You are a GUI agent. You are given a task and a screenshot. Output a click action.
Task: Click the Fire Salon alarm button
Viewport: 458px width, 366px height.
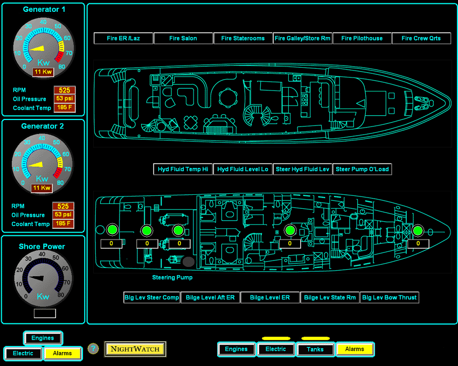pos(183,38)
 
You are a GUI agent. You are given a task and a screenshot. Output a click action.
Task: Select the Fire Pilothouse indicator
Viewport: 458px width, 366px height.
pos(362,38)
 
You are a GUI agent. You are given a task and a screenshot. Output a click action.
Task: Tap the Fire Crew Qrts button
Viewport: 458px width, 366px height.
pos(421,38)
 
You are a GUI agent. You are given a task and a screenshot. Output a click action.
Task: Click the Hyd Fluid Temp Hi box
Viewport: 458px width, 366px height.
pos(183,169)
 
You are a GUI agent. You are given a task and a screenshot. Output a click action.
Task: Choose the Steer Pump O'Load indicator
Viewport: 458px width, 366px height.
pos(362,169)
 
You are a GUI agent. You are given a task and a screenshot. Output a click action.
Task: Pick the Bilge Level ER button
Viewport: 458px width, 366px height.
pos(270,297)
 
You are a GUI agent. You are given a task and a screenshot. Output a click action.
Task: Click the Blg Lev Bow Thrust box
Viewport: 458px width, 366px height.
pos(389,297)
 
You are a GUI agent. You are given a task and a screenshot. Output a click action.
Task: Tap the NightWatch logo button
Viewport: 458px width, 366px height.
pos(135,349)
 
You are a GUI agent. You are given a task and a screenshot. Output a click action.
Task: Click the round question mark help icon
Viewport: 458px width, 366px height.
pos(93,349)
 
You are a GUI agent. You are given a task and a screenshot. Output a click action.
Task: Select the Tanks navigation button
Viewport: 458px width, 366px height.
pos(315,349)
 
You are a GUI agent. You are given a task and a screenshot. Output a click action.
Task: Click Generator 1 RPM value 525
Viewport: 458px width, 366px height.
pos(65,90)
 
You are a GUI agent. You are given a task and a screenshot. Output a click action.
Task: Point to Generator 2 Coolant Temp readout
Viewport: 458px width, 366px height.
pos(63,223)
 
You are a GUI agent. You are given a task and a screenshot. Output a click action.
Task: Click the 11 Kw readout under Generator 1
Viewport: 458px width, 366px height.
pos(43,72)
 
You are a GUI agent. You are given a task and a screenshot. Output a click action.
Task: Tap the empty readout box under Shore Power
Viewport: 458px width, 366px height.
pos(45,313)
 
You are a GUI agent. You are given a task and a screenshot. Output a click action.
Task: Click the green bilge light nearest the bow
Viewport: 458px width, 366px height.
pos(417,231)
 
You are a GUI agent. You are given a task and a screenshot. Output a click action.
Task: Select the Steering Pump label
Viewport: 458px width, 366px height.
pos(172,278)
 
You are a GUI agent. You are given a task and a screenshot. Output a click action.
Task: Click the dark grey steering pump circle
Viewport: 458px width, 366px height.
pos(188,262)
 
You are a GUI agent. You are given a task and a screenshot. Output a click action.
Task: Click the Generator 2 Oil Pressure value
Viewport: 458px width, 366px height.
pos(63,215)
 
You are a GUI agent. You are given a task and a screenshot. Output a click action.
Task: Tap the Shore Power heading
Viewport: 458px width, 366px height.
pos(42,247)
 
